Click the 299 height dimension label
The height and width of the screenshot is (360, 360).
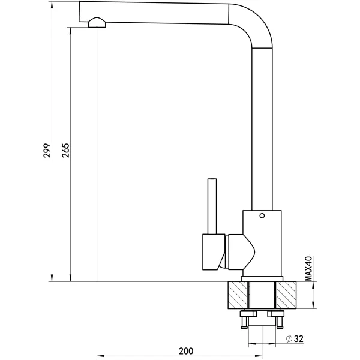[47, 151]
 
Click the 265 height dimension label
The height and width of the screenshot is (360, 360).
[65, 151]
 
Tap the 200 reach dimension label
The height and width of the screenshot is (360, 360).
[186, 351]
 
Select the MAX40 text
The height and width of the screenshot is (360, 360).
[308, 268]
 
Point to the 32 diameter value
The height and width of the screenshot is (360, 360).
[299, 338]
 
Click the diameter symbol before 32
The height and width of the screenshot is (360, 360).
[289, 339]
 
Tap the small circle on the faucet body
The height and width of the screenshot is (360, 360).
[262, 215]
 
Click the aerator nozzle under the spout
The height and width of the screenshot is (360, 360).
[97, 23]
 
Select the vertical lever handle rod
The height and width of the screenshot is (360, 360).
[212, 206]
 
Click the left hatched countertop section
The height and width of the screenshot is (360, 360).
[238, 295]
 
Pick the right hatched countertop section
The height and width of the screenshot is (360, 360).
[286, 295]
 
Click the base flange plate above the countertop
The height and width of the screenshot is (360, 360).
[262, 279]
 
